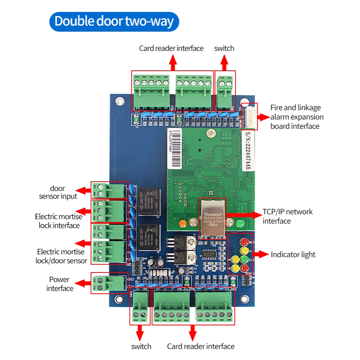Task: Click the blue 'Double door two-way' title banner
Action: (x=114, y=21)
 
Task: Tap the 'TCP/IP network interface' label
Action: (x=287, y=216)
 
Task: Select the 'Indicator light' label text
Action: (x=293, y=255)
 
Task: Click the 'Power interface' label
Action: (x=60, y=284)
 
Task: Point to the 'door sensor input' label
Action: (x=58, y=192)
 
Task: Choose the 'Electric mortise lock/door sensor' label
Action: (x=61, y=256)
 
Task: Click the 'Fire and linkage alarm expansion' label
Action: (x=297, y=117)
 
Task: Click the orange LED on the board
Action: (x=182, y=224)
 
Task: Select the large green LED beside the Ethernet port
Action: (x=239, y=223)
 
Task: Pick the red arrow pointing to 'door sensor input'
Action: (x=85, y=191)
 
